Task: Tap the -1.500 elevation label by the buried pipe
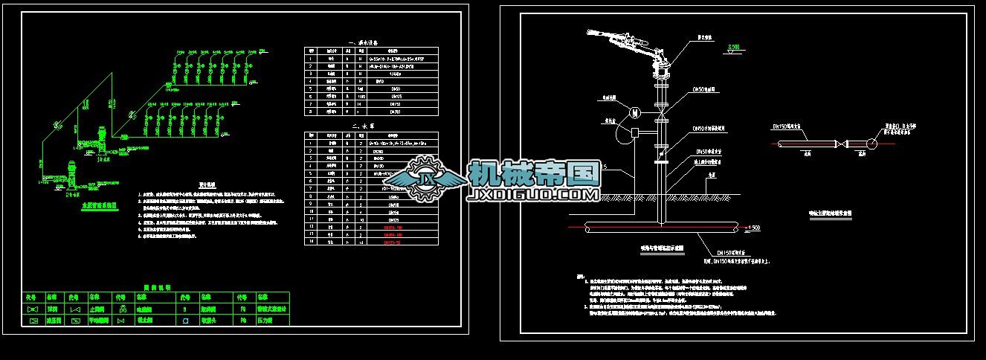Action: (751, 226)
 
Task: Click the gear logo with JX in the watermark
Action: (426, 179)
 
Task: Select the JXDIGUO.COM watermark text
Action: (533, 195)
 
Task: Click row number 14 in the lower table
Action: (309, 242)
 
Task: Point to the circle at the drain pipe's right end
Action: (874, 143)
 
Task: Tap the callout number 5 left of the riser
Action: (606, 166)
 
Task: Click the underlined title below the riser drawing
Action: (662, 247)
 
